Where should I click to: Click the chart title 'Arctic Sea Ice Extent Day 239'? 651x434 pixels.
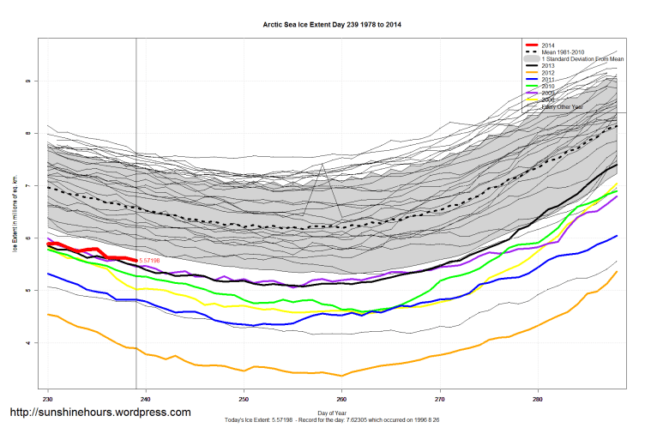331,25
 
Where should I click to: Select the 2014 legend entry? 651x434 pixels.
548,44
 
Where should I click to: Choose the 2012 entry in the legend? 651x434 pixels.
548,72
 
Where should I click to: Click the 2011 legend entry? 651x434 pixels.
548,79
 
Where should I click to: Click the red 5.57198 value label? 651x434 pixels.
150,260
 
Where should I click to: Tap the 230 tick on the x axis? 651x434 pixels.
48,399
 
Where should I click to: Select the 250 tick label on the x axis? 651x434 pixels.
244,399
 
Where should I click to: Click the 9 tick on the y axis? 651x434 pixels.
28,81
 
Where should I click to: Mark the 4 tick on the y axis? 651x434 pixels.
28,343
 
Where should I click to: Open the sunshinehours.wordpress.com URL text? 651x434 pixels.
99,413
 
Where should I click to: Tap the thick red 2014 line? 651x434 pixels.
94,250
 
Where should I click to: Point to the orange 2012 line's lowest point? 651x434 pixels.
342,376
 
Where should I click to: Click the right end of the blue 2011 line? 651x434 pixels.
617,235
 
